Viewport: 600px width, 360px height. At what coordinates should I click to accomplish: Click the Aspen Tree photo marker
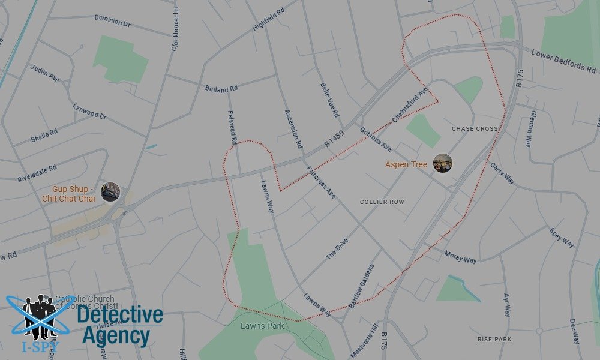(x=443, y=163)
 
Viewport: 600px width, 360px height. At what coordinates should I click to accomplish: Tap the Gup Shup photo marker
(x=110, y=192)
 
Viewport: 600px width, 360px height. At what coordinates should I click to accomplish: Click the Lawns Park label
(x=262, y=326)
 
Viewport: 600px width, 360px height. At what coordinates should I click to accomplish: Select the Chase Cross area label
(x=475, y=129)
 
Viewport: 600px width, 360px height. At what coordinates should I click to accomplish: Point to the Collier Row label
(x=382, y=202)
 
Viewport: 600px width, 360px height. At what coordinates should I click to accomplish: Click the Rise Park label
(x=494, y=340)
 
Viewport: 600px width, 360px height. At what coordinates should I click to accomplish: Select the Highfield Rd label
(x=268, y=23)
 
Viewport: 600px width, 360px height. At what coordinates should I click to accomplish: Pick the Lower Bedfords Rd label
(x=562, y=61)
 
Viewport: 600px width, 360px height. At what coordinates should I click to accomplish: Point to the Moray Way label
(x=461, y=257)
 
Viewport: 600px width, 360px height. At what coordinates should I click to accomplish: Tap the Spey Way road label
(x=562, y=238)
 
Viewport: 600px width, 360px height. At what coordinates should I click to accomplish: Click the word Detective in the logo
(x=120, y=316)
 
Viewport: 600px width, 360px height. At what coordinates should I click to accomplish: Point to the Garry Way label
(x=502, y=173)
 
